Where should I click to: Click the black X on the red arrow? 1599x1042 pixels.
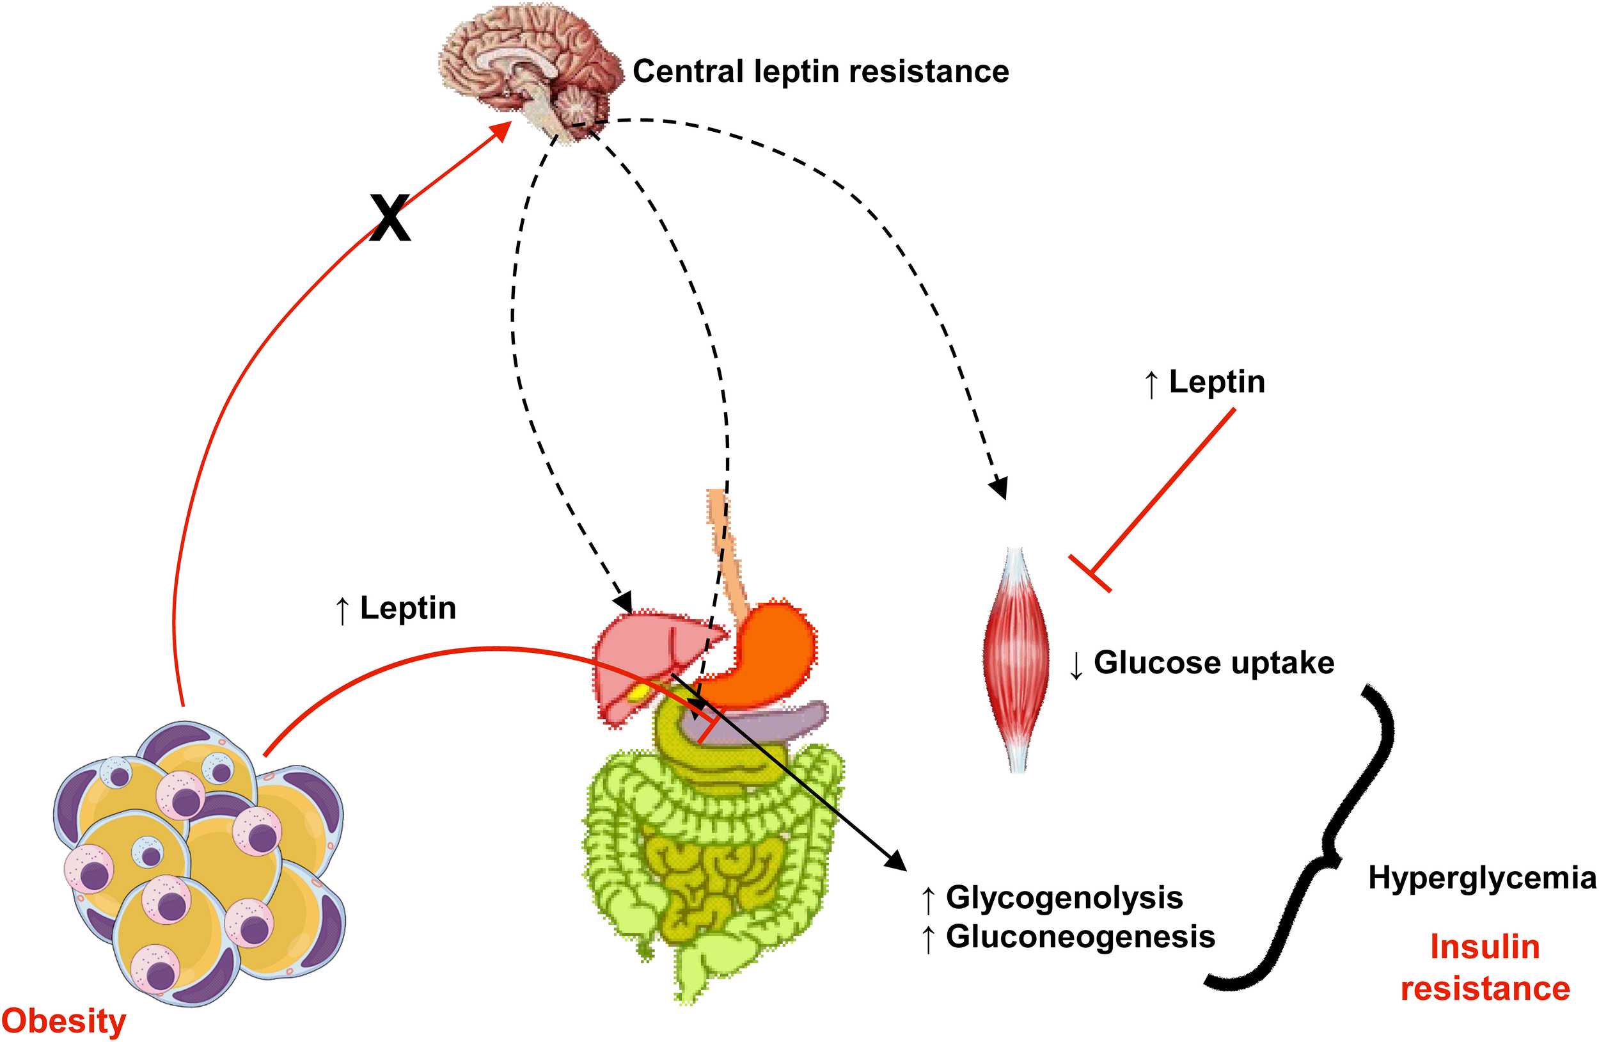pos(390,218)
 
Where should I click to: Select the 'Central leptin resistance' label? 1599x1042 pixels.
pos(821,71)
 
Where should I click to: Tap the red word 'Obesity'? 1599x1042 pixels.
pos(64,1020)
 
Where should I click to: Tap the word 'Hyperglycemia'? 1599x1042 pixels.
pos(1481,878)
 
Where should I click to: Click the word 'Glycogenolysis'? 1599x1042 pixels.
pos(1064,897)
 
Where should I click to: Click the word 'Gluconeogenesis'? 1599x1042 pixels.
pos(1080,936)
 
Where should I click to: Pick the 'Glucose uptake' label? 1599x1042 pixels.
pos(1213,663)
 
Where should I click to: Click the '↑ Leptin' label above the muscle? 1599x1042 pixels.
pos(1204,382)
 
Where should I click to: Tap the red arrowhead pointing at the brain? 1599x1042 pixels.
pos(501,131)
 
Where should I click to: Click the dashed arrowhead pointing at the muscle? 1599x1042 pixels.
pos(1000,486)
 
